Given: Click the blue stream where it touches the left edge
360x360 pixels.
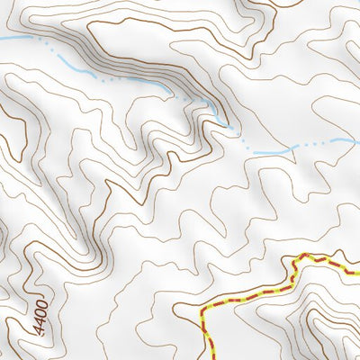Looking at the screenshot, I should click(2, 39).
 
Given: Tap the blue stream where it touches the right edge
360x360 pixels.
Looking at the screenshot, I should click(357, 139).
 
